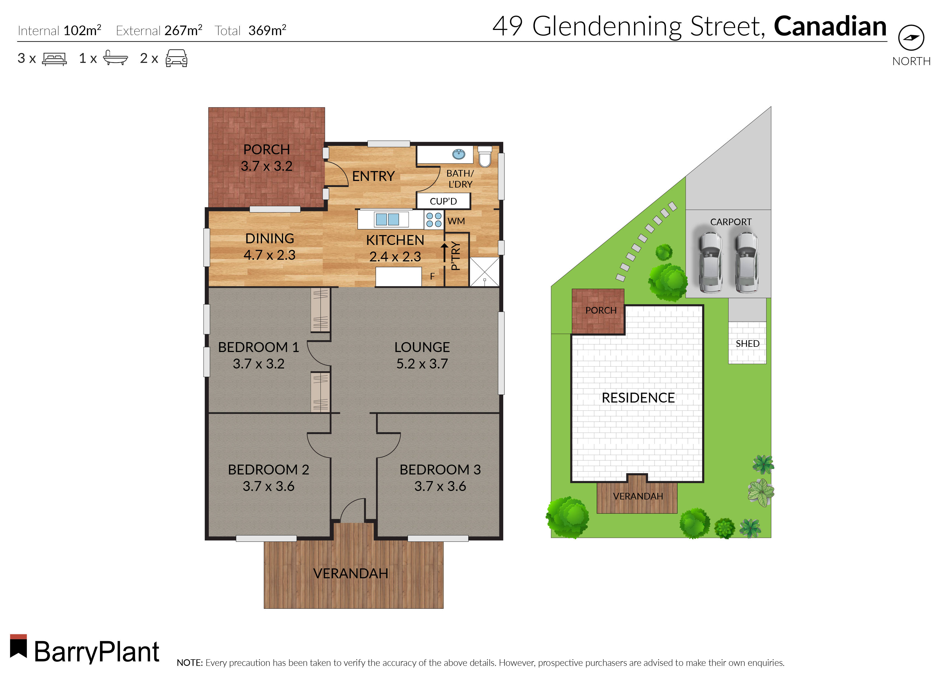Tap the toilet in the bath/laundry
click(x=484, y=156)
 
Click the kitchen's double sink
click(x=387, y=219)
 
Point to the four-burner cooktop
click(x=433, y=220)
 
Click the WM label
click(x=456, y=221)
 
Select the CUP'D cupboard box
click(x=443, y=201)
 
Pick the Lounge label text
click(x=422, y=347)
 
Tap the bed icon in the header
click(x=54, y=59)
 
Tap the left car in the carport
click(x=710, y=262)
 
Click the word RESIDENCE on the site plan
click(x=638, y=398)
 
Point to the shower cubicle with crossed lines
click(x=484, y=272)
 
